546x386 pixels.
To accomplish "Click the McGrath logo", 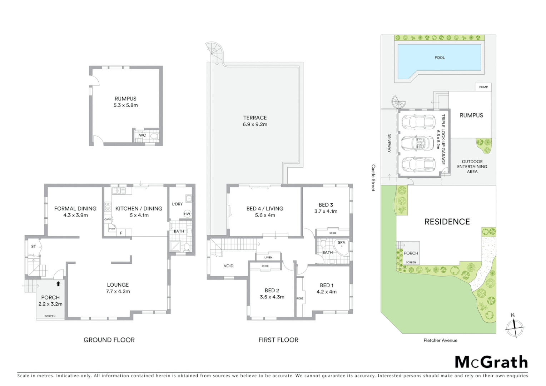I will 491,362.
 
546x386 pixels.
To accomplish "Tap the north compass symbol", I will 514,327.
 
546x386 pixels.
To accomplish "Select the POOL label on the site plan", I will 440,58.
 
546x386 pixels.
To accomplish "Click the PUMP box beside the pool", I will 483,87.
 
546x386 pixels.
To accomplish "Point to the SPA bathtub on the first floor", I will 341,246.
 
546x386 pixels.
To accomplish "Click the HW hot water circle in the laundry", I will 187,214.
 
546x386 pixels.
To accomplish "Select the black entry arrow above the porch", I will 58,284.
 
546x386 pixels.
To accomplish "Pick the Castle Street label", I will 373,178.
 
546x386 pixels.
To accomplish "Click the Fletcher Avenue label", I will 440,340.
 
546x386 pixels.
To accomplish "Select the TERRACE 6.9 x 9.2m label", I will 255,121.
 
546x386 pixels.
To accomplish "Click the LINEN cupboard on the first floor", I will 268,257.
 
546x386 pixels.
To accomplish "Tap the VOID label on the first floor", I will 228,266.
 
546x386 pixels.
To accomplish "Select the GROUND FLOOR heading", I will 109,340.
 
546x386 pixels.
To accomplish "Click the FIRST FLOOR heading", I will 278,340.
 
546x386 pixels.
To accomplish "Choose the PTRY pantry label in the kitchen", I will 112,228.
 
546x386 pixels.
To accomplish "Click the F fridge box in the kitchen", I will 121,233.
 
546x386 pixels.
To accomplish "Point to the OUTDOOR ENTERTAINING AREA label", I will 472,167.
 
